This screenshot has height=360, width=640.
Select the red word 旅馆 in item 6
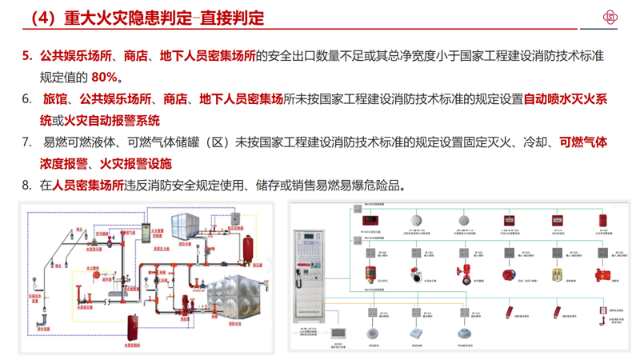(x=54, y=99)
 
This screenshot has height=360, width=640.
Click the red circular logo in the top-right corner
(x=614, y=18)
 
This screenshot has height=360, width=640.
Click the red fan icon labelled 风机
(x=506, y=274)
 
